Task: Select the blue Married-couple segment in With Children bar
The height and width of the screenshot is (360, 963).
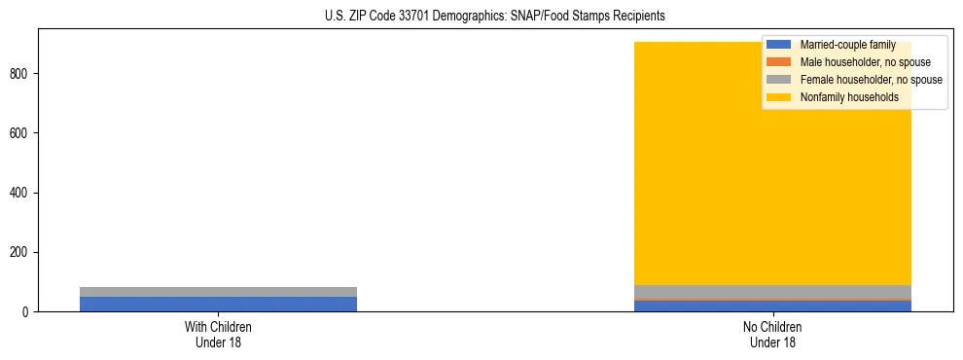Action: point(218,304)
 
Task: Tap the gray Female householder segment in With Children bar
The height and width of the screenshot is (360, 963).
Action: point(218,292)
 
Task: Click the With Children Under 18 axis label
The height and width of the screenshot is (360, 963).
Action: point(218,335)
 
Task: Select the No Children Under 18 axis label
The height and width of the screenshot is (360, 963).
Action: point(773,335)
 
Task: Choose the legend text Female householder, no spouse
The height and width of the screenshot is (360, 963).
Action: point(871,80)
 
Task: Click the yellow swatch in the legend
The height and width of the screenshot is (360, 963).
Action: point(779,97)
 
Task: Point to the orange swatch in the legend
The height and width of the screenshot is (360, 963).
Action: point(779,62)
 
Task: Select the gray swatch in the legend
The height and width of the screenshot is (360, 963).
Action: point(779,80)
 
